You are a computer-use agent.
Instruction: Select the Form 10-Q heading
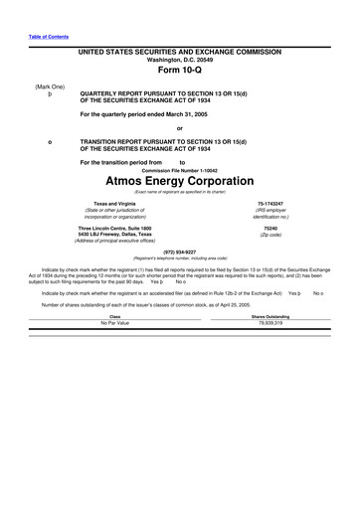pyautogui.click(x=179, y=73)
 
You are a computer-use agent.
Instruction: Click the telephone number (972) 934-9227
pyautogui.click(x=179, y=251)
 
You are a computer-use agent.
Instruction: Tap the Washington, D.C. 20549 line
pyautogui.click(x=179, y=60)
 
